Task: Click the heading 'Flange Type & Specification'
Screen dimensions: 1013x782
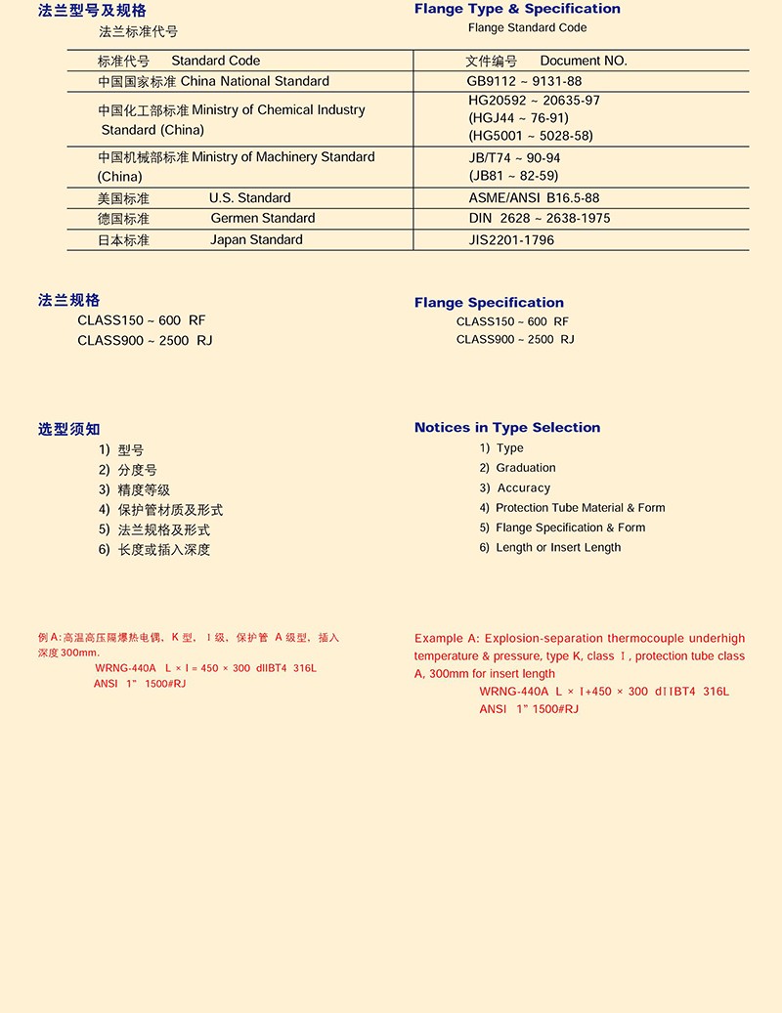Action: pos(517,9)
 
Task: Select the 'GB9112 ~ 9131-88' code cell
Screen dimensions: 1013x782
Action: pos(525,82)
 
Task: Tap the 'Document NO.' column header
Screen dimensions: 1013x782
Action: pos(584,61)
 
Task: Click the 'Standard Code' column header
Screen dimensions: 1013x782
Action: pos(215,61)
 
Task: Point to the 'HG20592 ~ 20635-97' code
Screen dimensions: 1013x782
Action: pos(535,101)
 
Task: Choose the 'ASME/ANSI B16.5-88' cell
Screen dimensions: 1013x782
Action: pos(535,198)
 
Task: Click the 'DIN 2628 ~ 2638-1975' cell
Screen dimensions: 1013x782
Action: pos(540,219)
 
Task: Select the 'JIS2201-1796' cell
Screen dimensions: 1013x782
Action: pos(511,240)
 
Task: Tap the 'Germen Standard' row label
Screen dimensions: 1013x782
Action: pos(262,219)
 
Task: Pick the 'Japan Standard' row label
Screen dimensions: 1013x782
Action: pos(256,240)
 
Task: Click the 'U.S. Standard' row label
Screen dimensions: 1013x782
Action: pos(249,198)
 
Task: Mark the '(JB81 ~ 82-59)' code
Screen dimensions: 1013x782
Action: pos(513,177)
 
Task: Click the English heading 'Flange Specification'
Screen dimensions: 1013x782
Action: pos(489,303)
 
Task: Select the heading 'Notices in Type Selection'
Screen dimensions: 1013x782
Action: pos(507,428)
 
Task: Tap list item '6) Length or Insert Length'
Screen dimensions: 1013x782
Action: pos(549,548)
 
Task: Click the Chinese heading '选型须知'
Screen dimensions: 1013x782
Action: pos(69,429)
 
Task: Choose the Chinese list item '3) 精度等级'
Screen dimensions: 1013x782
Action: pos(134,490)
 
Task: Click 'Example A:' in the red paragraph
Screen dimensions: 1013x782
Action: pos(447,638)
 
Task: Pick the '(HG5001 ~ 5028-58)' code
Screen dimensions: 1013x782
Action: pos(531,136)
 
